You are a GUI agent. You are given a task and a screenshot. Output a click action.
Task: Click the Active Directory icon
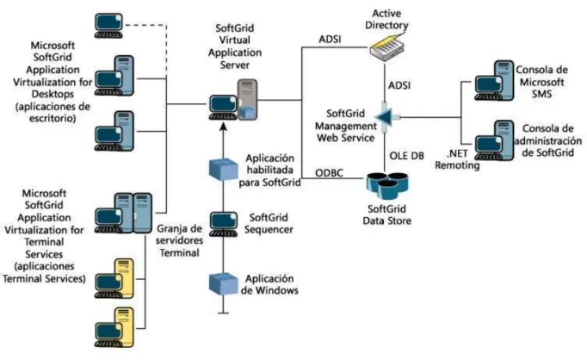(x=388, y=47)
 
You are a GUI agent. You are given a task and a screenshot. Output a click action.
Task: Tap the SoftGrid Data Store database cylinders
(x=387, y=186)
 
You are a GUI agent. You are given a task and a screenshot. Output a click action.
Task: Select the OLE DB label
(x=406, y=156)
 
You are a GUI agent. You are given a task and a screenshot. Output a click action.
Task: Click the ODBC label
(x=329, y=173)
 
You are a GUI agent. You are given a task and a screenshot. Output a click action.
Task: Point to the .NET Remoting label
(x=457, y=159)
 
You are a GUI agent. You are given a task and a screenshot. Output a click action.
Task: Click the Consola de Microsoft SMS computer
(x=494, y=81)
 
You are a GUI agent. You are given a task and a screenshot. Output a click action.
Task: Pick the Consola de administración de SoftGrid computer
(x=494, y=140)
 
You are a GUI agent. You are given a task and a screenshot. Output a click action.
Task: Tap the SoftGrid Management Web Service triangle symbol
(x=385, y=117)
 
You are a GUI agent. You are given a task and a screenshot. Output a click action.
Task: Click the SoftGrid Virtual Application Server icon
(x=233, y=100)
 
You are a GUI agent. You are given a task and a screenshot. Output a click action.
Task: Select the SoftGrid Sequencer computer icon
(x=224, y=225)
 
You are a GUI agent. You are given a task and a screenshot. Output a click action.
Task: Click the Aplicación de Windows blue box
(x=224, y=283)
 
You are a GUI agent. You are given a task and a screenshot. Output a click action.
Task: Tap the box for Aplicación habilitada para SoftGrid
(x=224, y=170)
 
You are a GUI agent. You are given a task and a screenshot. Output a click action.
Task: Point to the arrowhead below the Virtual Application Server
(x=224, y=127)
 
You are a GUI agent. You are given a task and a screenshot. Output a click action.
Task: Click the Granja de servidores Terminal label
(x=179, y=240)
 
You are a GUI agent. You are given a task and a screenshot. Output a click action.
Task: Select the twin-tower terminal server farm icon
(x=123, y=213)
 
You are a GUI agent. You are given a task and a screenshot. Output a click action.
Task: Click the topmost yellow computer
(x=114, y=278)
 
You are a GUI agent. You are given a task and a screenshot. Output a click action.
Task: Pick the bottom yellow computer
(x=114, y=327)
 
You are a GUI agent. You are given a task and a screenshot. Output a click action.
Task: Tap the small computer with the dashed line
(x=108, y=26)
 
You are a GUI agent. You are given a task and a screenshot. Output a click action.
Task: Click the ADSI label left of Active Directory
(x=330, y=39)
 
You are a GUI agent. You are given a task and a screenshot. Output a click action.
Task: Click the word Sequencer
(x=269, y=229)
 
